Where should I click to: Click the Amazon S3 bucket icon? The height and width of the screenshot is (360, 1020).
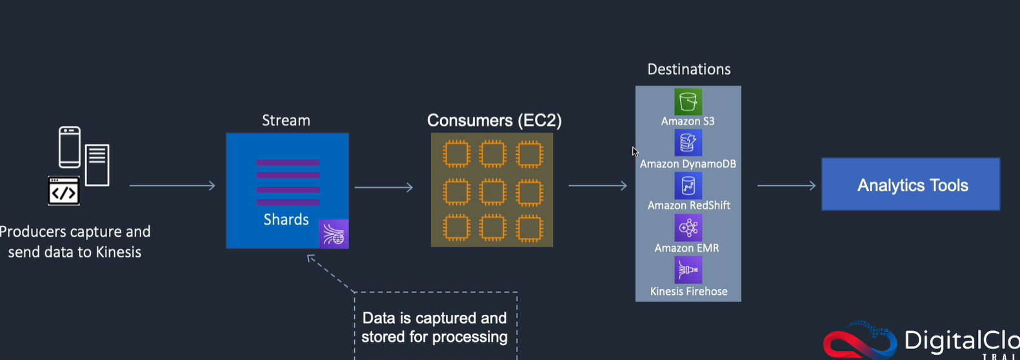coord(688,102)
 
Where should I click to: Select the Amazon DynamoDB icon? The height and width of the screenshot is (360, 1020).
coord(688,143)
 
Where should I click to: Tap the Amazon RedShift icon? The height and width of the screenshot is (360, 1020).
coord(688,186)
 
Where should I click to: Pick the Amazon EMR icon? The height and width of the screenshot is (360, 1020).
coord(688,228)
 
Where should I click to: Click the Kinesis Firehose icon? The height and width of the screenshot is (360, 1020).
coord(688,270)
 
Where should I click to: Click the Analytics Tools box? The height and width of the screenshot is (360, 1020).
coord(910,185)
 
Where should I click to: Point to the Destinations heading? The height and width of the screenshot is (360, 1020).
coord(688,69)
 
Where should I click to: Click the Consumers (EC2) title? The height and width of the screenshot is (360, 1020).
coord(494,121)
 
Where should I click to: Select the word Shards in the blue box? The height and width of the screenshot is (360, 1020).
coord(286,219)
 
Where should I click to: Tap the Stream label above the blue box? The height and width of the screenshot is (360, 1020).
coord(286,121)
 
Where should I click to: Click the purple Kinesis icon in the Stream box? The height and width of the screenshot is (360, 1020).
coord(334,234)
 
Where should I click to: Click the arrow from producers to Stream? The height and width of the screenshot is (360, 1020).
coord(172,186)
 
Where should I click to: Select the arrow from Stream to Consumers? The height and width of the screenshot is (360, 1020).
coord(384,188)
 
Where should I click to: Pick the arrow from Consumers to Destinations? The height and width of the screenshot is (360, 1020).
coord(597,186)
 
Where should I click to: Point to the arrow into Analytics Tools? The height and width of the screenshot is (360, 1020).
coord(786,186)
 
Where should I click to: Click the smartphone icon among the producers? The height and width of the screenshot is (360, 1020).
coord(70,147)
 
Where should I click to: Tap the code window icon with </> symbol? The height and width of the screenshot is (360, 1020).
coord(64,191)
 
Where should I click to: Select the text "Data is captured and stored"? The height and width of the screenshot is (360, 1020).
coord(434,327)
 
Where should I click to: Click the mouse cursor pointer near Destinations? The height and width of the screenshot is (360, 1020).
coord(635,152)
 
